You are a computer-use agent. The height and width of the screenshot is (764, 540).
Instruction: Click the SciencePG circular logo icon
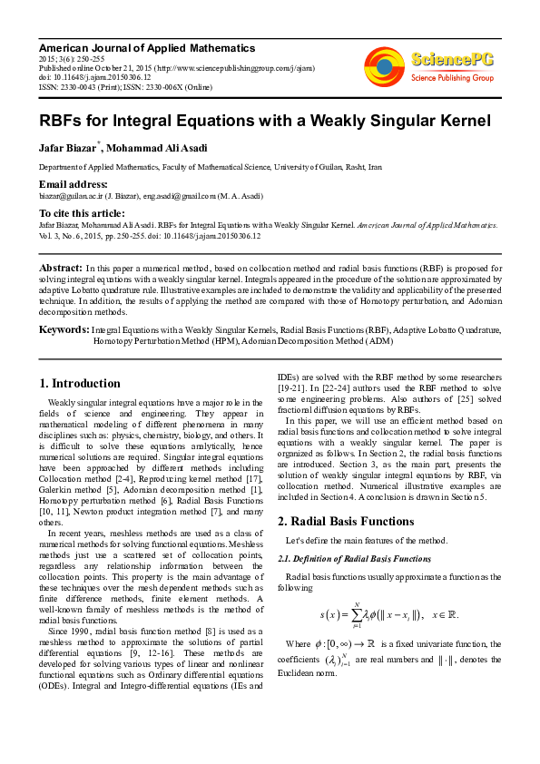point(384,64)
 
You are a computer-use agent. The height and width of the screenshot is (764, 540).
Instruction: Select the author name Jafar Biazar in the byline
point(68,149)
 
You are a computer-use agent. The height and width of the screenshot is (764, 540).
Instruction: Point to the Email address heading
point(74,184)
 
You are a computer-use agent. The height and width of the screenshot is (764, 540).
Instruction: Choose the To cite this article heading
point(82,212)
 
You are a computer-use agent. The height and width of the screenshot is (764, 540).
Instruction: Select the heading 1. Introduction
point(80,383)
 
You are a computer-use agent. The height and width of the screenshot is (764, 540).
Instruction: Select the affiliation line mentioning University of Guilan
point(210,168)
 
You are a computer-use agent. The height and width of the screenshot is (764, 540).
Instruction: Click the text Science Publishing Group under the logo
point(452,78)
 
